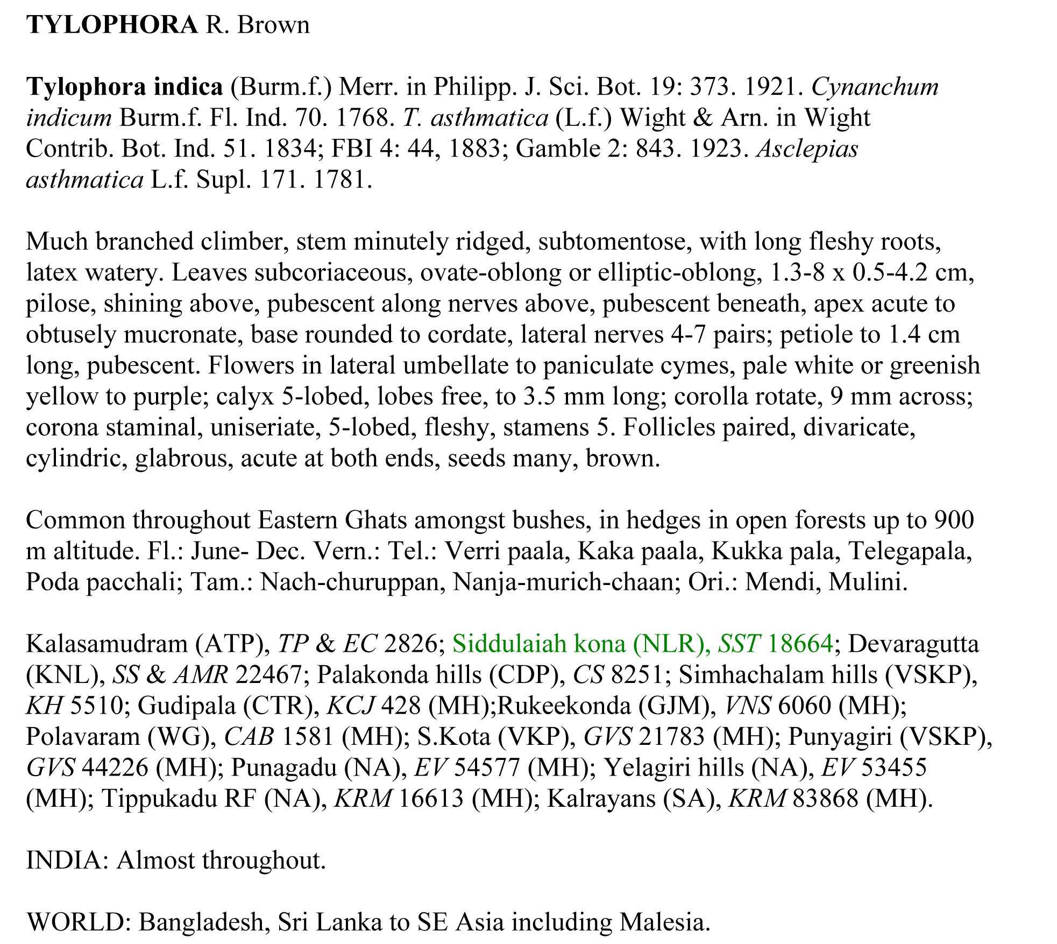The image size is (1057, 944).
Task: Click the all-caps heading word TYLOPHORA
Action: click(x=112, y=25)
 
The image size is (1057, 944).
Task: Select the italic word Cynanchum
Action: click(x=875, y=87)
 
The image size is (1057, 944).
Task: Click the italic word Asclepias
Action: click(x=807, y=149)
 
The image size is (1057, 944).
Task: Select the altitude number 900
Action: click(x=954, y=520)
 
